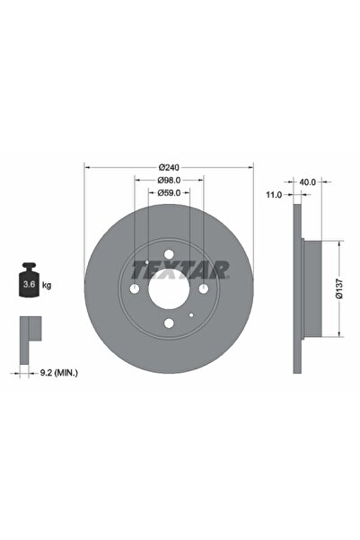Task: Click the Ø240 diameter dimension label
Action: tap(169, 167)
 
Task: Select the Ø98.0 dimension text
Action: tap(169, 180)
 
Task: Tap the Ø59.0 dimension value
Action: tap(169, 192)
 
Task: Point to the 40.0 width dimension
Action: tap(308, 182)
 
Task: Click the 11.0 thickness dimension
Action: tap(275, 194)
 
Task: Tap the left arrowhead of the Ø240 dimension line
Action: tap(87, 166)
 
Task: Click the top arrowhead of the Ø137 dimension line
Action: tap(339, 242)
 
